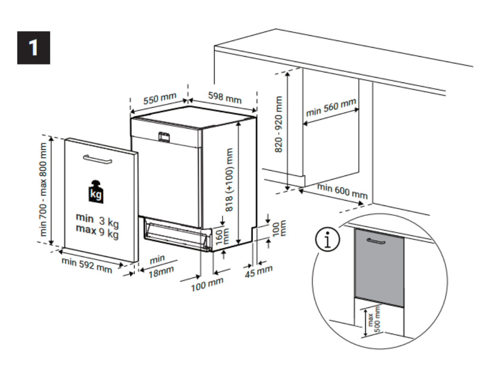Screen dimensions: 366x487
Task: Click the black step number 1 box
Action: [33, 48]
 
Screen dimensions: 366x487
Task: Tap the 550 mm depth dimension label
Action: [160, 99]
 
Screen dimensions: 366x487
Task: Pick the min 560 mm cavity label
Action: [331, 108]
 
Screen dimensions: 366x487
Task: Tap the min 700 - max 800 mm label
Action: [44, 189]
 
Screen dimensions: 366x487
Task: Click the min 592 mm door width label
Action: [87, 265]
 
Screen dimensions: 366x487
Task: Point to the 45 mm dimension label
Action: [259, 272]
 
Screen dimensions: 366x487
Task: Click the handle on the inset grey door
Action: [375, 241]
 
